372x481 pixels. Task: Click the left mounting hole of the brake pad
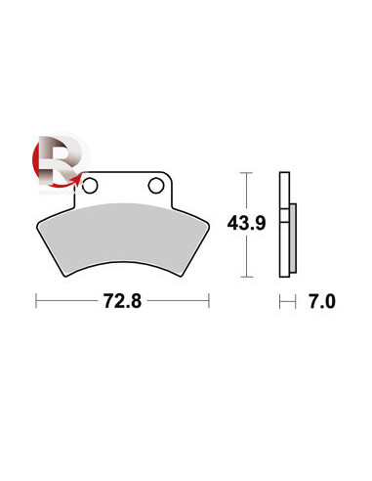pos(90,186)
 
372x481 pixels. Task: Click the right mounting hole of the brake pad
pos(156,186)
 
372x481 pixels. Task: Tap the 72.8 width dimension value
pos(122,301)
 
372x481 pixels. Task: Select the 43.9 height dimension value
pos(246,223)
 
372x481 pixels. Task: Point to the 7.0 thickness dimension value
pos(322,301)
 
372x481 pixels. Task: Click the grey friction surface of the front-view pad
pos(123,238)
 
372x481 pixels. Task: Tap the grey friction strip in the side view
pos(293,239)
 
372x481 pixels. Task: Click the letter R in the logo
pos(58,159)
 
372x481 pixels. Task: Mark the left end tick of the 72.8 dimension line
pos(36,300)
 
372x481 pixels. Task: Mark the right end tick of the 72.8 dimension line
pos(209,300)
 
